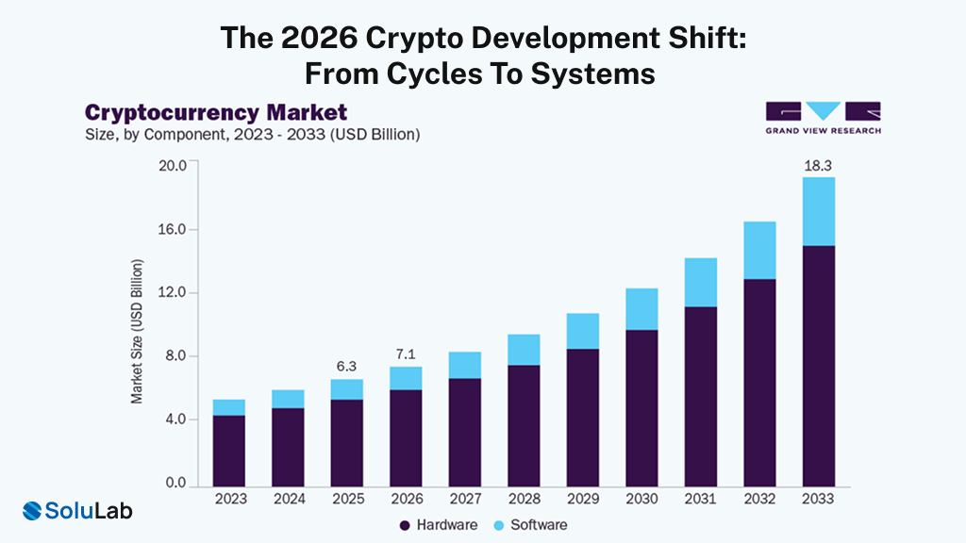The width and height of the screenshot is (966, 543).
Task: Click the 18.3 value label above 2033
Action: coord(818,165)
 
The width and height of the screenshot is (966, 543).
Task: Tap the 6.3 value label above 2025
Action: coord(346,366)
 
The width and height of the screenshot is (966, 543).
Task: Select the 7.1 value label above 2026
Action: coord(405,354)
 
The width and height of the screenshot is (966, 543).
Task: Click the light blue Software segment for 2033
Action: coord(818,211)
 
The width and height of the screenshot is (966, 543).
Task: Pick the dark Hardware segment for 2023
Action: coord(228,450)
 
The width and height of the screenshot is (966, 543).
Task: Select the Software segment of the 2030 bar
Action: coord(641,309)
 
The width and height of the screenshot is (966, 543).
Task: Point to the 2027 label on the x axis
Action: coord(464,499)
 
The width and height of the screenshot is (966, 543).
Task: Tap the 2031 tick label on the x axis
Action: coord(700,499)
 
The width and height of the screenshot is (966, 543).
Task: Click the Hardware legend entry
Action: coord(439,524)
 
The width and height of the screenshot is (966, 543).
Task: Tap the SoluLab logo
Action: coord(77,511)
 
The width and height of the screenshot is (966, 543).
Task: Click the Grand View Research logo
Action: coord(823,118)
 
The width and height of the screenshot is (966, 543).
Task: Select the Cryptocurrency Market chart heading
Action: coord(216,113)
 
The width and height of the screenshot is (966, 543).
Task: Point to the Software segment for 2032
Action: coord(759,250)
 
